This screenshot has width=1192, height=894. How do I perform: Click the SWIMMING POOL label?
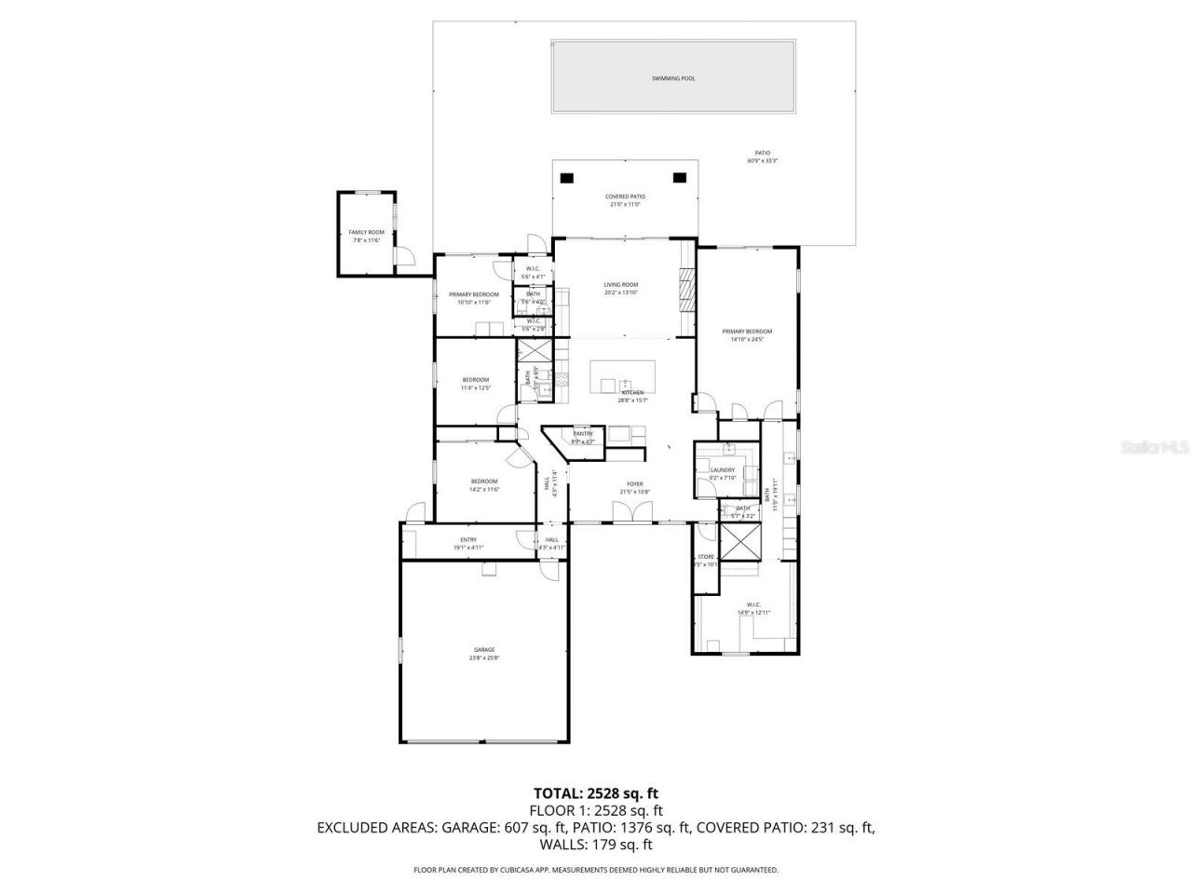pos(672,79)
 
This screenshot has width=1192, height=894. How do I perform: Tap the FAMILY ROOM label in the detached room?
pos(366,232)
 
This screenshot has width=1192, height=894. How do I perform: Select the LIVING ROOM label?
pos(620,285)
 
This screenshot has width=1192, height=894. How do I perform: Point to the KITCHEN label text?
pos(633,393)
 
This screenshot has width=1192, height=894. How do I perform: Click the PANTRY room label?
pos(583,434)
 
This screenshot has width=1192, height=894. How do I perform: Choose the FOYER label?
pos(634,484)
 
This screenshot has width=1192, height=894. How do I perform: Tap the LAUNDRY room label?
pos(723,470)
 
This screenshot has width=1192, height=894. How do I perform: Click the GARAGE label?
pos(483,650)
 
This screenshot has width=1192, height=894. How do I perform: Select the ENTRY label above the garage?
pos(467,540)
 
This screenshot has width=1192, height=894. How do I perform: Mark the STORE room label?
pos(706,557)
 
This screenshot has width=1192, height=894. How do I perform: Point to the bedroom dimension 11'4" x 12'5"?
pos(475,387)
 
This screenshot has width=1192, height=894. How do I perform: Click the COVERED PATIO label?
pos(625,196)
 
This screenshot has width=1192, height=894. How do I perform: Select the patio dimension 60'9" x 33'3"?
pos(762,161)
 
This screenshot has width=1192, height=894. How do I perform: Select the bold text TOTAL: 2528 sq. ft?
pos(595,793)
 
